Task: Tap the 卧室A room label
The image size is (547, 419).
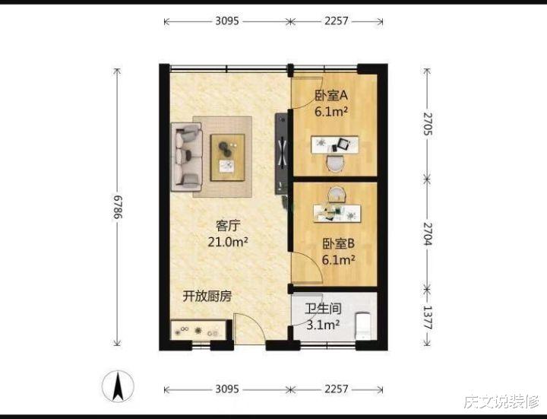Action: tap(330, 96)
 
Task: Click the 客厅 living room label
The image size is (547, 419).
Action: tap(228, 226)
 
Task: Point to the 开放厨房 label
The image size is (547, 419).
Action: tap(207, 297)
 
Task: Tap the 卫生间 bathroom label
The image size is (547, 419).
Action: tap(323, 309)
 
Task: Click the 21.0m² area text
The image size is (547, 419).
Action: tap(228, 242)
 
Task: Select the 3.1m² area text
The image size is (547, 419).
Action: tap(323, 325)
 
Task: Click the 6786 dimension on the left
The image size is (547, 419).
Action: tap(118, 206)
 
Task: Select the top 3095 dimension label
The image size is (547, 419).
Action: tap(227, 21)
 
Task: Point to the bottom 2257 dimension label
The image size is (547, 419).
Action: tap(336, 389)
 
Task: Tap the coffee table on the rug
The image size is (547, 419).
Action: tap(228, 157)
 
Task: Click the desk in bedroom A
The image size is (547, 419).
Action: tap(334, 144)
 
